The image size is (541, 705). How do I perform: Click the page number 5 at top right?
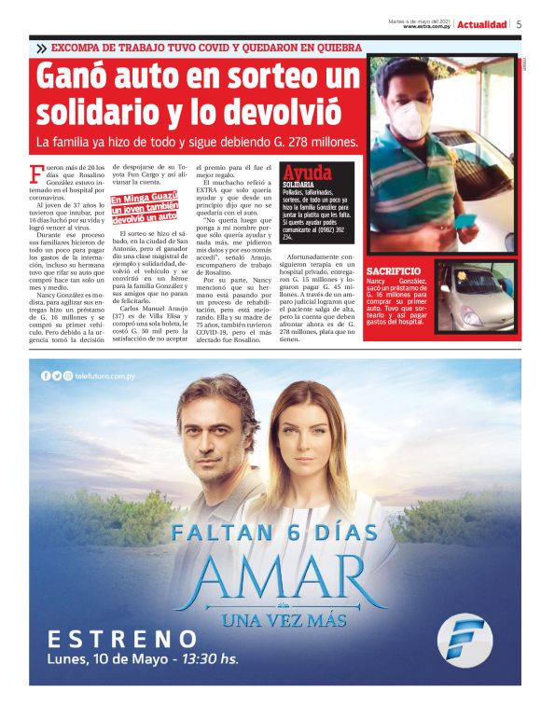coord(519,24)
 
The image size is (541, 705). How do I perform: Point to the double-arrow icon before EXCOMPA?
coord(42,48)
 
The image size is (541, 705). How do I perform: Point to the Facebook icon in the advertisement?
coord(45,375)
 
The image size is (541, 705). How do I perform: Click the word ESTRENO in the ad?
coord(122,640)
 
